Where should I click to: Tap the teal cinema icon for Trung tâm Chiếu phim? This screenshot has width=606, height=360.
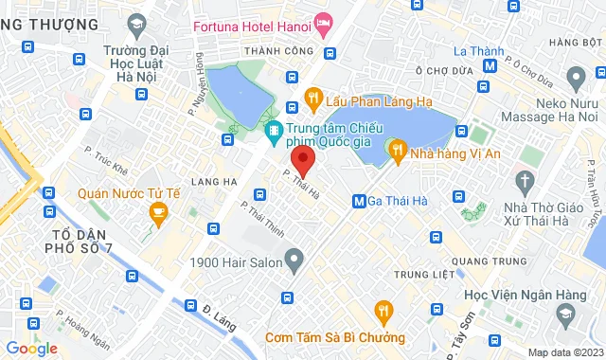tap(273, 130)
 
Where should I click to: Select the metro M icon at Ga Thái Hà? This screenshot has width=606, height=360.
tap(359, 201)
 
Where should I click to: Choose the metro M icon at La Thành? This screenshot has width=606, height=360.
tap(490, 66)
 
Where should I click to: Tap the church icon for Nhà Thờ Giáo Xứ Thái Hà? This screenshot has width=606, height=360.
tap(524, 179)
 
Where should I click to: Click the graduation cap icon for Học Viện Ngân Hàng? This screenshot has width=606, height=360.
tap(565, 312)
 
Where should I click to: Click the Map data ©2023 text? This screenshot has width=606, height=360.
tap(563, 352)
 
